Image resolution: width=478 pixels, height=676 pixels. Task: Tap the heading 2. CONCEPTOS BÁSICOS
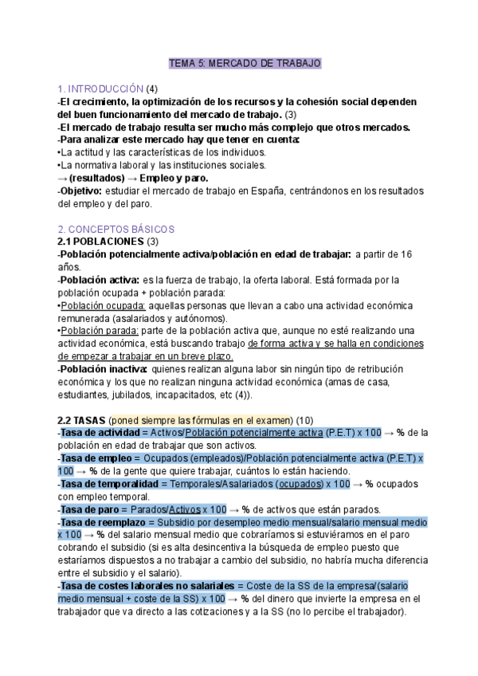[x=116, y=229]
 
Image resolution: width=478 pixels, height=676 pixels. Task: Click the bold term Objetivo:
[x=80, y=191]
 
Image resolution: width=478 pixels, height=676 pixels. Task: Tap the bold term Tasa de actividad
[x=100, y=432]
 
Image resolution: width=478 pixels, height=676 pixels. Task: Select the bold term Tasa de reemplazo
[x=100, y=521]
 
